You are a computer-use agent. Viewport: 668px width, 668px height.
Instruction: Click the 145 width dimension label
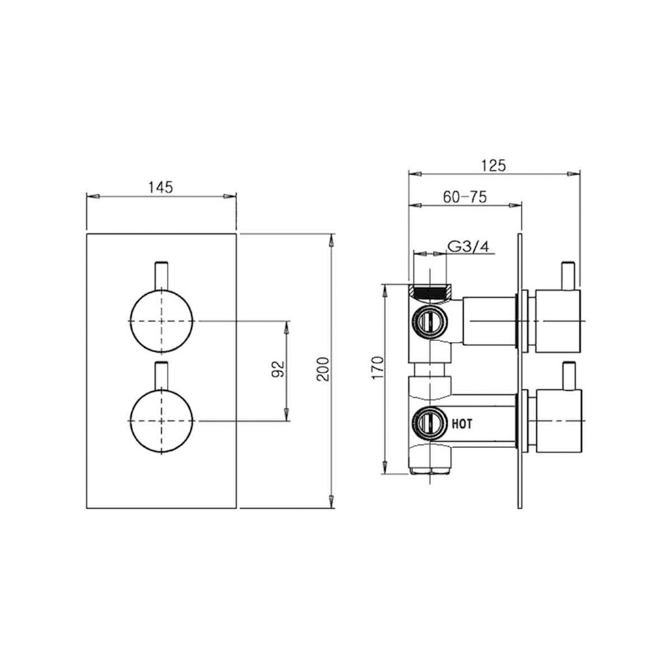[x=160, y=187]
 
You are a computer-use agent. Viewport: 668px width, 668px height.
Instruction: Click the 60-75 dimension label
[x=464, y=197]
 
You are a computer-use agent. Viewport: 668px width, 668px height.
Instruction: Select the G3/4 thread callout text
[x=468, y=247]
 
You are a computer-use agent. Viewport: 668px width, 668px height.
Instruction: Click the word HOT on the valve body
[x=462, y=423]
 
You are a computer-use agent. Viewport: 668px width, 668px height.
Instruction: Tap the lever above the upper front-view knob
[x=161, y=275]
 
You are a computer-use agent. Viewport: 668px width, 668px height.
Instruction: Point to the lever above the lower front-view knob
[x=161, y=376]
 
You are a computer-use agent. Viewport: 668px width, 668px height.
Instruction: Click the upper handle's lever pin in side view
[x=568, y=276]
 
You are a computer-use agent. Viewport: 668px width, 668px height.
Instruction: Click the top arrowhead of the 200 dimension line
[x=332, y=239]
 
